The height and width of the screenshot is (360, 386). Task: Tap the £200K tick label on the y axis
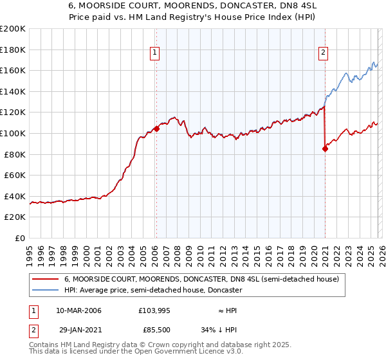[13, 29]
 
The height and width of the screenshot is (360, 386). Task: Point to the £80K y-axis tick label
[15, 154]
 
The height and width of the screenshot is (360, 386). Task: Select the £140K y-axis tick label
[13, 91]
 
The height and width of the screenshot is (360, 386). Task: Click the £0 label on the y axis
[20, 238]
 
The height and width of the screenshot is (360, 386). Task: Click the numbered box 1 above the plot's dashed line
[156, 53]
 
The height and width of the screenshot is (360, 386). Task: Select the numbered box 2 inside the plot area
[324, 53]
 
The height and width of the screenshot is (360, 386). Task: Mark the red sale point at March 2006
[156, 129]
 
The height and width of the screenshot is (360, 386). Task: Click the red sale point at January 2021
[325, 148]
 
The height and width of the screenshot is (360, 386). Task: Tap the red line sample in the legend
[46, 280]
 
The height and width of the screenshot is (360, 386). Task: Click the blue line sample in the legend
[46, 291]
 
